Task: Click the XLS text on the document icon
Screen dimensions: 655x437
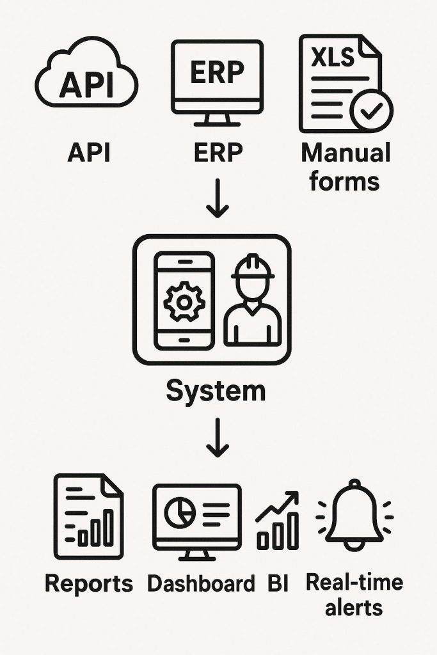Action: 332,58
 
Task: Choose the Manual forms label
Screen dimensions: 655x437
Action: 345,167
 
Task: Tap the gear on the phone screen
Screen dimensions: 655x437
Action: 184,300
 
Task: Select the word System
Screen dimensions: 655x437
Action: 216,390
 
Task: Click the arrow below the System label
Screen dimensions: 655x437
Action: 217,438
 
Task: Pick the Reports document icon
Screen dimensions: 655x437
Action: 88,517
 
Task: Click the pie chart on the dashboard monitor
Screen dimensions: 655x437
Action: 179,510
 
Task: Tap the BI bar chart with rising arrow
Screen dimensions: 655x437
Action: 278,521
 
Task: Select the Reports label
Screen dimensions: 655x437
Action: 89,583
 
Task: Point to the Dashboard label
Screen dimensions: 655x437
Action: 201,583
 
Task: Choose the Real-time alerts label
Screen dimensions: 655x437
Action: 354,594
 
